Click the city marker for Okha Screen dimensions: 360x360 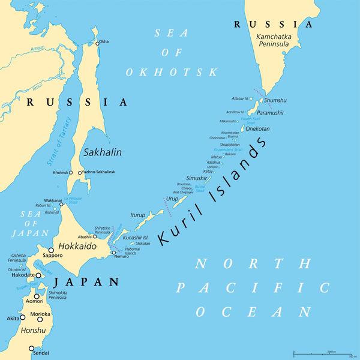coord(96,41)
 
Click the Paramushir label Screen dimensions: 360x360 coord(270,113)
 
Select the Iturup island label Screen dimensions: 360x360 coord(138,214)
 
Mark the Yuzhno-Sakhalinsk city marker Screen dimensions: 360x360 coord(79,173)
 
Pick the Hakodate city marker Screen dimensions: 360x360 coord(38,275)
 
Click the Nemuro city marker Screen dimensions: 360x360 coord(113,253)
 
